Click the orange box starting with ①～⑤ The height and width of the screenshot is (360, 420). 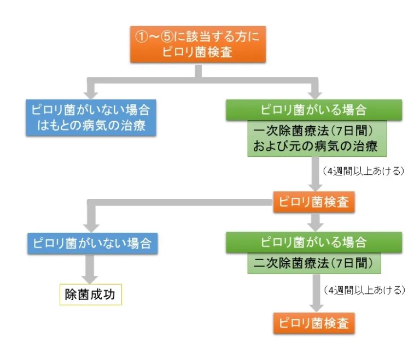(x=197, y=44)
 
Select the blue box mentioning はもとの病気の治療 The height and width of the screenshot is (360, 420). (x=91, y=117)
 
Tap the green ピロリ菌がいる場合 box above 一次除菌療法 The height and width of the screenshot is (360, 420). (x=314, y=109)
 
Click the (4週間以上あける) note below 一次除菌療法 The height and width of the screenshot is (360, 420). (x=363, y=170)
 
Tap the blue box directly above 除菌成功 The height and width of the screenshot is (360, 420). (x=91, y=243)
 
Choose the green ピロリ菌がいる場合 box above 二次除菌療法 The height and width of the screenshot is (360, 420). (x=314, y=242)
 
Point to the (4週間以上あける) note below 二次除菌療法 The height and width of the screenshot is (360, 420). (x=363, y=288)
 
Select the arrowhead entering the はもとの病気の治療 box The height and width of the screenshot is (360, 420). (x=91, y=93)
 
